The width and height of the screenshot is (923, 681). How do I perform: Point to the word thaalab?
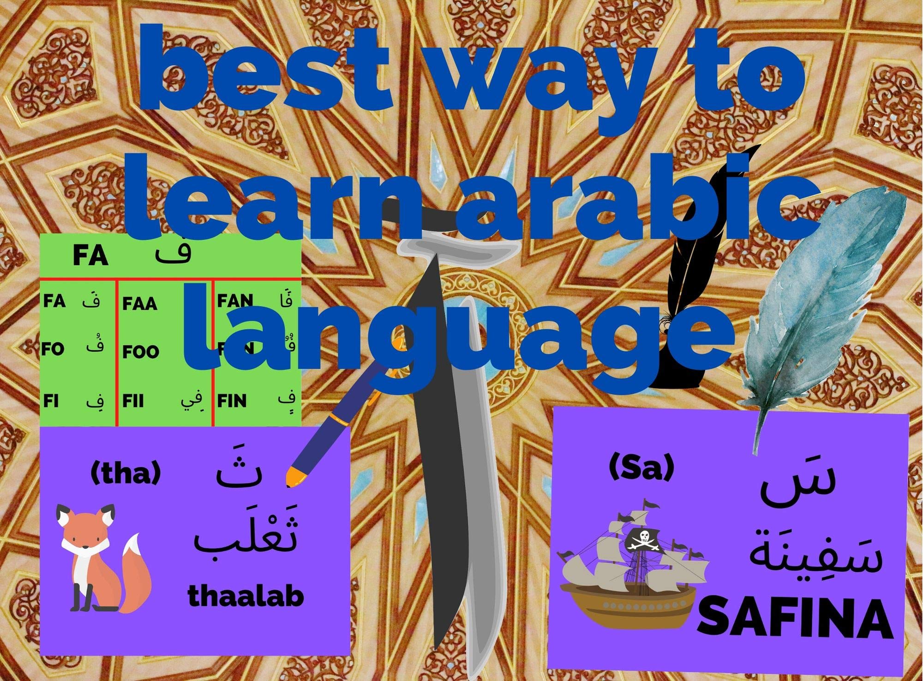[246, 597]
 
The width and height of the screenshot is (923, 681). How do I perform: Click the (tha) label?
[126, 474]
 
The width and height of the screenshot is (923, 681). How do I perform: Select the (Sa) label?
[641, 469]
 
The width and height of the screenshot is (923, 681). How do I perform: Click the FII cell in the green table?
[134, 401]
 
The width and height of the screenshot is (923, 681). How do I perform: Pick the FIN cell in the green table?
[232, 401]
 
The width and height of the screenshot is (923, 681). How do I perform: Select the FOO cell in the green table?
[141, 352]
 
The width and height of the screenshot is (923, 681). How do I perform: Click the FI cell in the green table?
[51, 401]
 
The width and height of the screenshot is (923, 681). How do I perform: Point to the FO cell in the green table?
[53, 349]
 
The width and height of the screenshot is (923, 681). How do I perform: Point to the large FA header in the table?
[90, 256]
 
